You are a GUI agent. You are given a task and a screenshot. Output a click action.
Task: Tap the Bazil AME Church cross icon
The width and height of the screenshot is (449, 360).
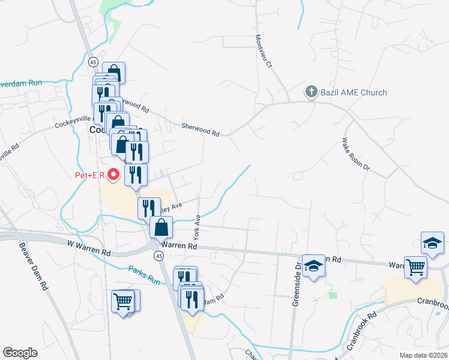click(x=311, y=92)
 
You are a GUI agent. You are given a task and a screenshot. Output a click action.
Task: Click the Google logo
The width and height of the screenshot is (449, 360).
click(x=20, y=353)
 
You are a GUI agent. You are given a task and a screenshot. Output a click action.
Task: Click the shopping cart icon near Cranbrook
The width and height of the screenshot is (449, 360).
click(x=415, y=267)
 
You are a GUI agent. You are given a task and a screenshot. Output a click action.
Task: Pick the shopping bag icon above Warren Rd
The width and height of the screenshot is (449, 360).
click(x=161, y=227)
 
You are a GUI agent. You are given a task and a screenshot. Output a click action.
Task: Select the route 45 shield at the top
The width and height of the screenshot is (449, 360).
click(x=93, y=62)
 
